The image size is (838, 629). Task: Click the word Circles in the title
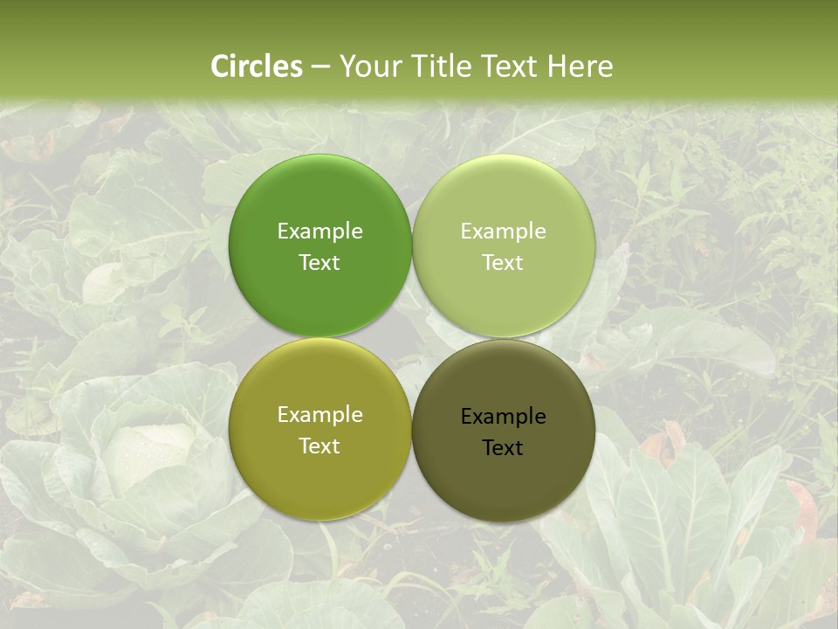click(256, 66)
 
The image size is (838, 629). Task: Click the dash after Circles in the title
click(319, 66)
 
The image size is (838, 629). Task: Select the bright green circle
click(319, 192)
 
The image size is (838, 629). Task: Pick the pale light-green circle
click(504, 192)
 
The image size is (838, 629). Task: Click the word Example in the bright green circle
click(319, 231)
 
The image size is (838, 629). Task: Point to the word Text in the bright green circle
click(319, 262)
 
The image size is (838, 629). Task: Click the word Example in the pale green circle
click(504, 231)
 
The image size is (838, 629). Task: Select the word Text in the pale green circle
click(504, 262)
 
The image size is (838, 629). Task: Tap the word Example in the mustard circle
click(319, 414)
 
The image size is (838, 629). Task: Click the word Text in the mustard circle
click(319, 446)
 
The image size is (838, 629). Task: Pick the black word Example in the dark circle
click(504, 416)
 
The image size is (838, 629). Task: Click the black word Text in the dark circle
click(504, 447)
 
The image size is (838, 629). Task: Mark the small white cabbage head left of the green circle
click(105, 284)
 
